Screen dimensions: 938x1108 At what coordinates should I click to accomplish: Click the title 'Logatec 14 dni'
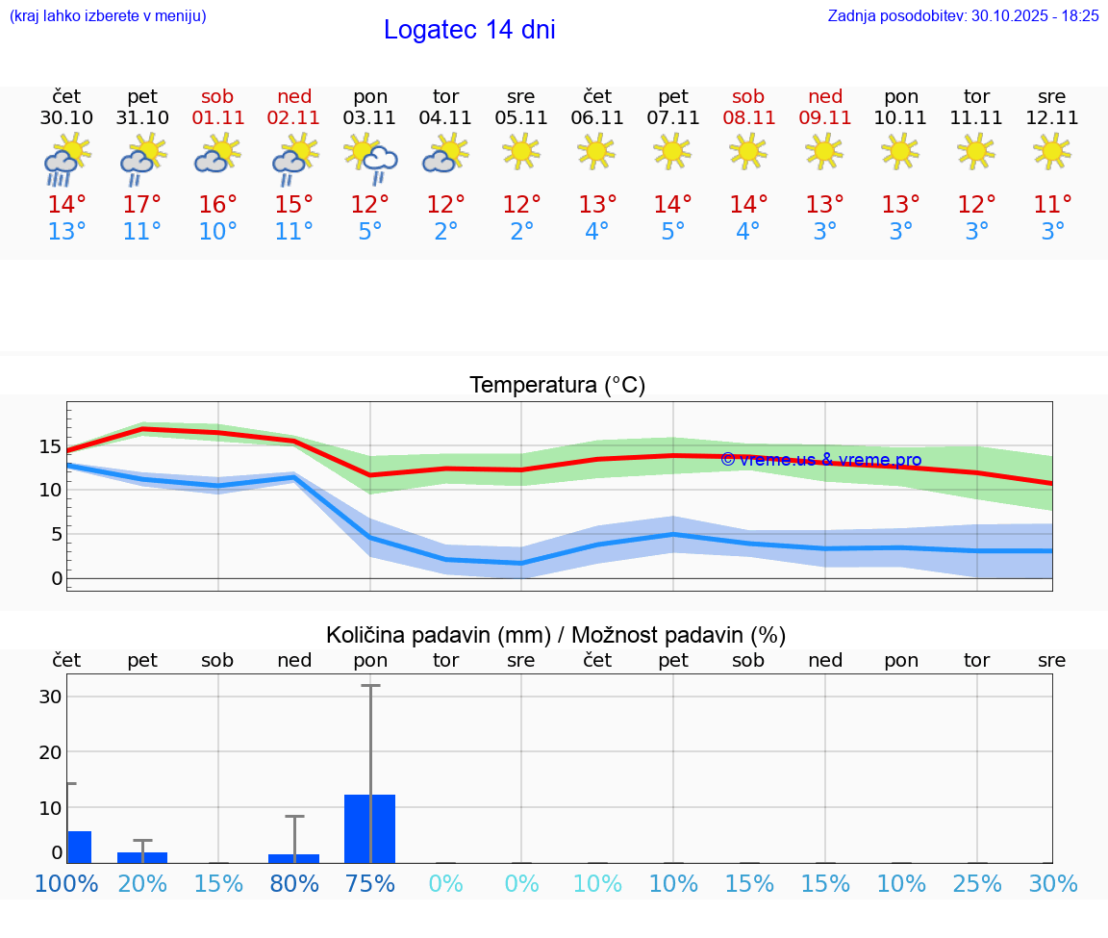point(469,30)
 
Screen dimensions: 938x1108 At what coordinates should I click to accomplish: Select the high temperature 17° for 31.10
point(142,205)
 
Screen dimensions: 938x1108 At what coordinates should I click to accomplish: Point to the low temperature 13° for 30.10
point(66,232)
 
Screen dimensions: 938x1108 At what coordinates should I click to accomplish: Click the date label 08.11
point(748,118)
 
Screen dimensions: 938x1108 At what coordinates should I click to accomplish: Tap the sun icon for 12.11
point(1052,151)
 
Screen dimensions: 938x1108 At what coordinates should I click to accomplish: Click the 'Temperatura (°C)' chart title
point(557,386)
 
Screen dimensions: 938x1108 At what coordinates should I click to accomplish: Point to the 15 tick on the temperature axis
point(50,446)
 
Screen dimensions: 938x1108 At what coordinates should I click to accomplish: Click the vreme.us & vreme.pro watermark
point(820,460)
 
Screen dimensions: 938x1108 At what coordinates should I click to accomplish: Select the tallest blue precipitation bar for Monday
point(370,828)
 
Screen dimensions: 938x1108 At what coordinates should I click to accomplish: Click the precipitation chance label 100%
point(66,883)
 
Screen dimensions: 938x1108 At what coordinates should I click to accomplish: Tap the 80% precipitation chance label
point(294,883)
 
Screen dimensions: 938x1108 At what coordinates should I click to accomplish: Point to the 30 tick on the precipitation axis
point(50,697)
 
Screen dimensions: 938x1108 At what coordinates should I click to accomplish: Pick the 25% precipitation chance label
point(977,883)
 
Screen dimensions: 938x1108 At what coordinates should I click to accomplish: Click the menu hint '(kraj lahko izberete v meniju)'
point(107,15)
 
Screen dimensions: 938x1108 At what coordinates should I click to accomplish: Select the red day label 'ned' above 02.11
point(294,96)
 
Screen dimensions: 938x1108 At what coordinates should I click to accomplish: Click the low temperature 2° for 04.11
point(446,232)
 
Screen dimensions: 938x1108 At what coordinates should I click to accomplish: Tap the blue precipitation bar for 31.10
point(142,857)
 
